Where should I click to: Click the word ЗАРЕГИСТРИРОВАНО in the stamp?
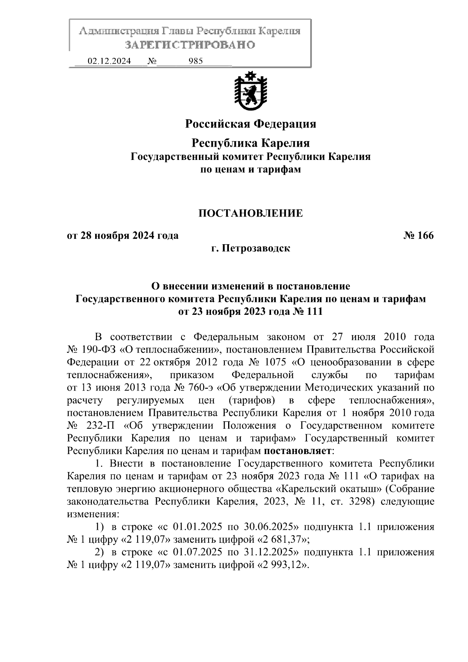coord(190,45)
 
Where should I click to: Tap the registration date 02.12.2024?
coord(109,61)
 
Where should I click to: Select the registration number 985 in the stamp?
coord(195,61)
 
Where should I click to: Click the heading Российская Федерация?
coord(250,124)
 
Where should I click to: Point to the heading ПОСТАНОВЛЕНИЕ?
coord(250,213)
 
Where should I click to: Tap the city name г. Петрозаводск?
coord(250,248)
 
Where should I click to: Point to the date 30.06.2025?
coord(271,527)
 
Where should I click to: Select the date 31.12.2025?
coord(271,552)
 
